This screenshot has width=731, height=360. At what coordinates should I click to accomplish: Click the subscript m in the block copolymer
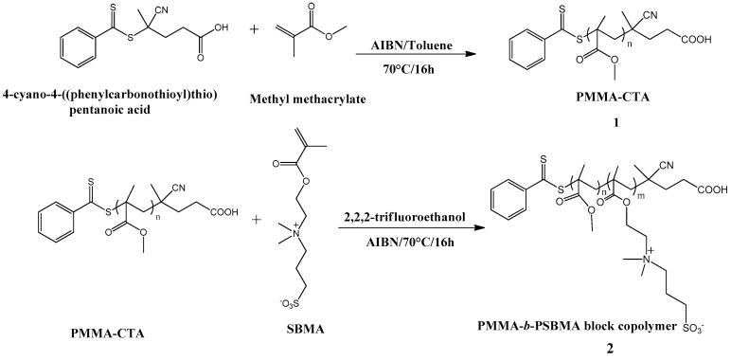[629, 196]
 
